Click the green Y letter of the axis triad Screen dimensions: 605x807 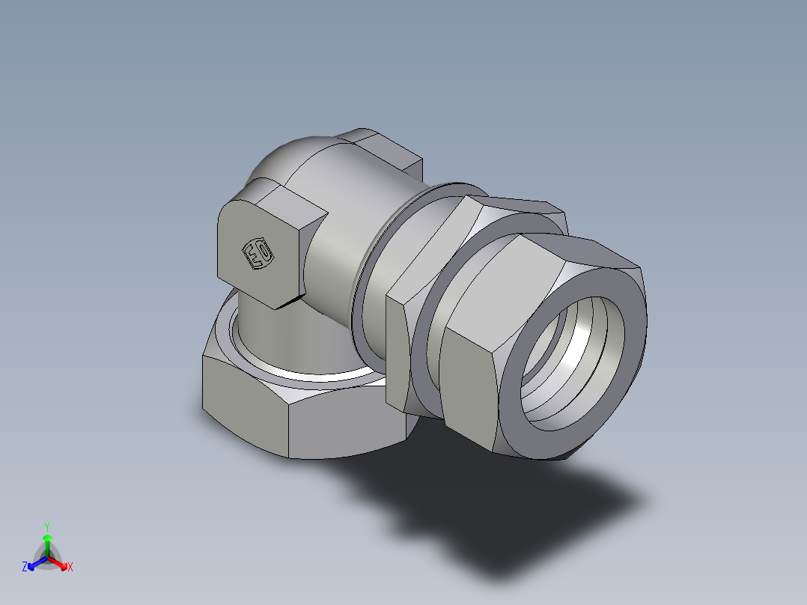[46, 526]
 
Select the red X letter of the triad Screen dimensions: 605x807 [70, 568]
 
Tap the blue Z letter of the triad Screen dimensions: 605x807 [25, 568]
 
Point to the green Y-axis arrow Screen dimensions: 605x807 [47, 542]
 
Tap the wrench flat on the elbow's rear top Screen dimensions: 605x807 [386, 153]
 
